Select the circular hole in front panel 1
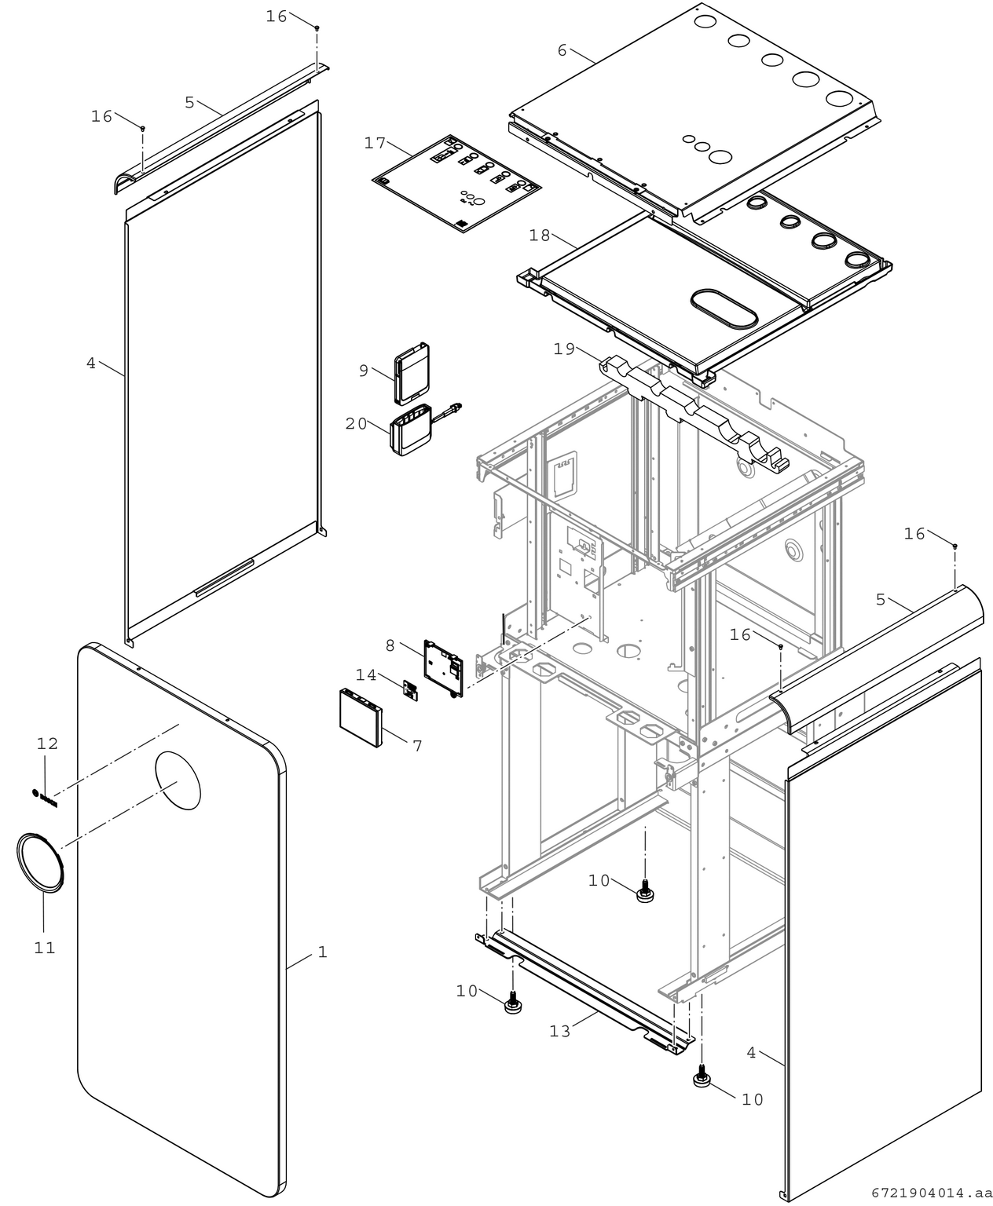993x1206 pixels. click(178, 779)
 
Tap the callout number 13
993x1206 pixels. click(560, 1031)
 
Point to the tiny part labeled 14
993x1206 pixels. click(410, 689)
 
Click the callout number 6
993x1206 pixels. click(562, 50)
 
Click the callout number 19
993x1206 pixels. click(564, 349)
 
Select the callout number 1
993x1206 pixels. click(322, 952)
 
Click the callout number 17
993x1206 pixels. click(376, 143)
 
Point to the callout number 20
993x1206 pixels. click(356, 423)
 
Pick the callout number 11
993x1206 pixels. click(45, 948)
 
